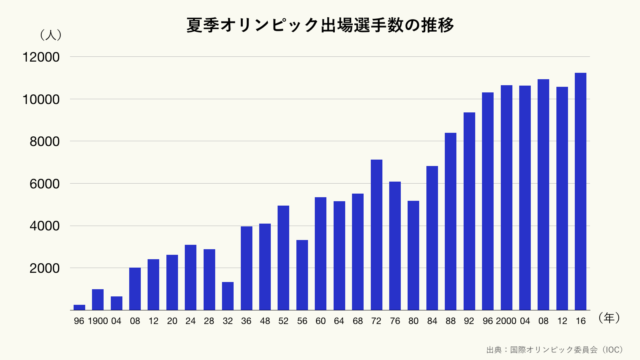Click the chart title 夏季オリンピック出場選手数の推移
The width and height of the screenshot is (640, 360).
tap(320, 25)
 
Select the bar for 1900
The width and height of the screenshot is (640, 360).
tap(98, 299)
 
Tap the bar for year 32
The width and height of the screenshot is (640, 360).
tap(228, 295)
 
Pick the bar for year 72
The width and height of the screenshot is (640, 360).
tap(377, 234)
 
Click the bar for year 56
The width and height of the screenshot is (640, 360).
tap(302, 274)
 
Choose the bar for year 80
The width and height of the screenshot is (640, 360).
tap(414, 255)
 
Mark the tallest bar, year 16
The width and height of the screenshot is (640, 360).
tap(581, 191)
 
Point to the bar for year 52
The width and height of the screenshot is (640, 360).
tap(284, 257)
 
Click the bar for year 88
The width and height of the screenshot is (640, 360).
tap(451, 221)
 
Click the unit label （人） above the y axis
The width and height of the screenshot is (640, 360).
tap(50, 35)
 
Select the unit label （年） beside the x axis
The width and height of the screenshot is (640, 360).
tap(610, 318)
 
